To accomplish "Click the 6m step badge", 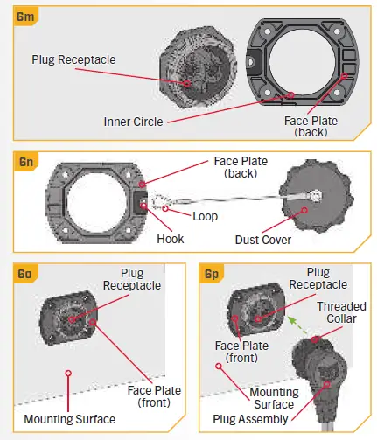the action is [x=25, y=17].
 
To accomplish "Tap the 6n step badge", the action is [x=25, y=162].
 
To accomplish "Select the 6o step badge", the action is [x=25, y=274].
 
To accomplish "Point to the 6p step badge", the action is [x=211, y=274].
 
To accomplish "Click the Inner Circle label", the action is [x=133, y=122].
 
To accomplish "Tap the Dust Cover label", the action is [x=263, y=240].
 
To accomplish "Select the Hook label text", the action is [x=171, y=239].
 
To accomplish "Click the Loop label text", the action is [x=206, y=216].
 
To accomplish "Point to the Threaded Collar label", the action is [x=341, y=312].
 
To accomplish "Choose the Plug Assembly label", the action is [x=250, y=419].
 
